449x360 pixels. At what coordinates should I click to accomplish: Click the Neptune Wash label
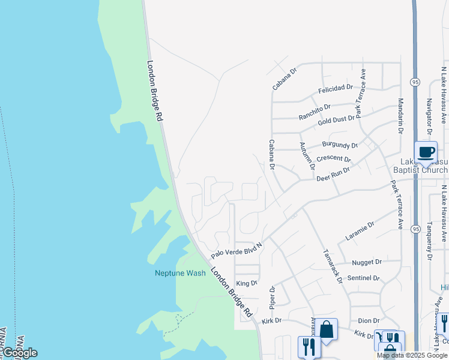(180, 273)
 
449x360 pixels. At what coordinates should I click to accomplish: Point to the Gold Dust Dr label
(336, 119)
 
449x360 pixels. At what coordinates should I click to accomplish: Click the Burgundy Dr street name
(340, 145)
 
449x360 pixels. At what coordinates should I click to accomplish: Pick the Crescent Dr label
(333, 158)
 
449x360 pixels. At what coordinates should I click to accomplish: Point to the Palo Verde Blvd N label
(237, 247)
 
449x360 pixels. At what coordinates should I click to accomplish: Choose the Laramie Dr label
(360, 231)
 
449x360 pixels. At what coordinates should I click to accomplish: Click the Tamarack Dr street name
(332, 266)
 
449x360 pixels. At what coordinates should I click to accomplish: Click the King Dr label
(247, 283)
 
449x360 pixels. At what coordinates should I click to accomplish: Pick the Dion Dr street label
(370, 321)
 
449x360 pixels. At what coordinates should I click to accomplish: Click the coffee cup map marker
(426, 152)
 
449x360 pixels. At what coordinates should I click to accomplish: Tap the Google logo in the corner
(20, 352)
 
